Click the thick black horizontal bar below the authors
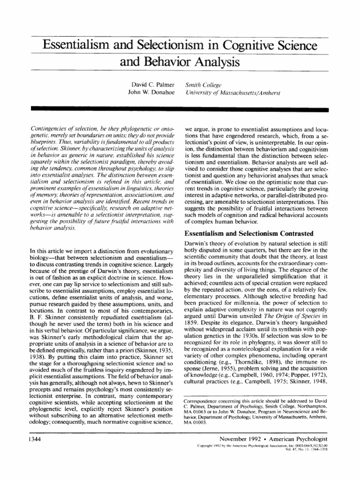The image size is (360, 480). point(180,109)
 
